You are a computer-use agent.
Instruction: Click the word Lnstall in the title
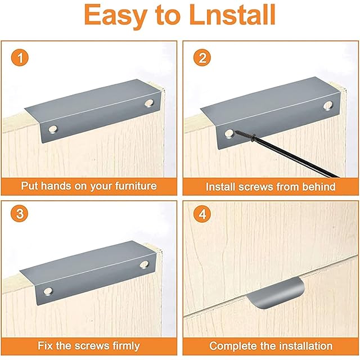click(x=233, y=15)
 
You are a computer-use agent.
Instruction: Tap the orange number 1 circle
click(x=20, y=57)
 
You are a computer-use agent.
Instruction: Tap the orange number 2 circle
click(x=202, y=57)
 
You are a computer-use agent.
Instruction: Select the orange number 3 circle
click(x=20, y=214)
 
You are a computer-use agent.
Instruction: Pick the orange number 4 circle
click(x=202, y=214)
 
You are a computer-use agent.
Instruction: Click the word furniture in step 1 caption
click(x=136, y=186)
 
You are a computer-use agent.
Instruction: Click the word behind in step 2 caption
click(x=319, y=187)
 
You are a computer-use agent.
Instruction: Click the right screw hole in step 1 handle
click(x=149, y=103)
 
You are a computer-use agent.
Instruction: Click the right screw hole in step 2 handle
click(x=328, y=105)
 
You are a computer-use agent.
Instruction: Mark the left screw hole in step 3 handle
click(x=48, y=291)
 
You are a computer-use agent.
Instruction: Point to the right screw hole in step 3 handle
click(x=145, y=265)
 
